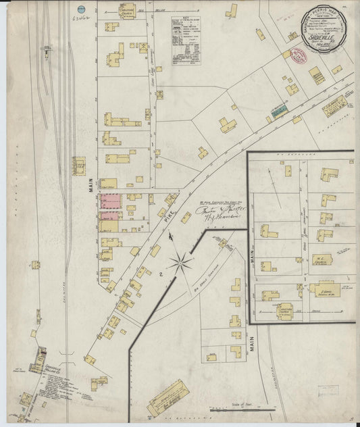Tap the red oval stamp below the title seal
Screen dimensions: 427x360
299,56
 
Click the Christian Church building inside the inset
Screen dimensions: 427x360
284,310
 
